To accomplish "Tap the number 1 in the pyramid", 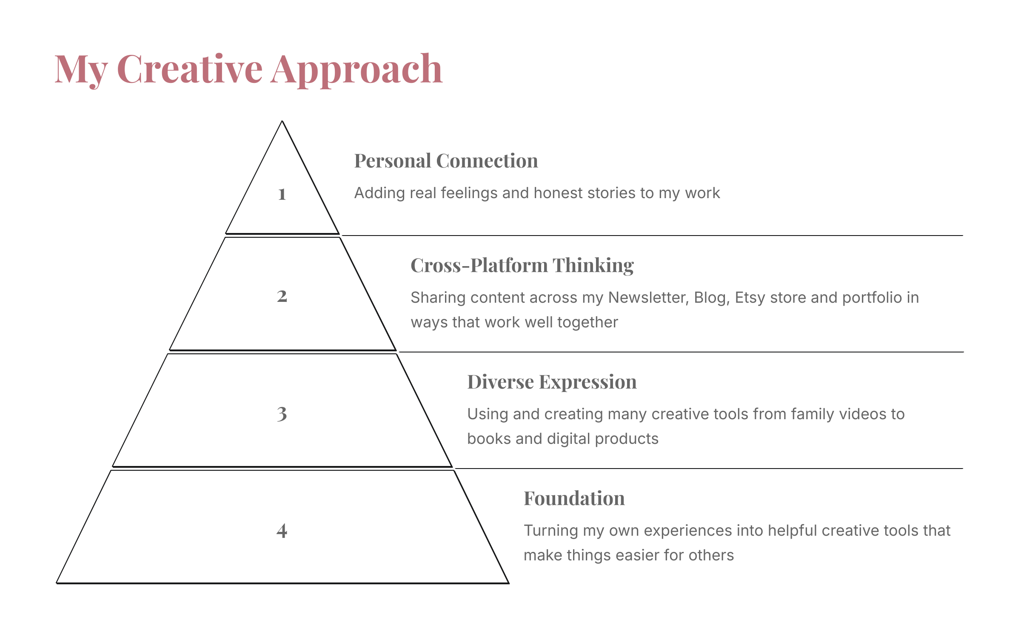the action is pos(282,194).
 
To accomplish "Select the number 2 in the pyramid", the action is pos(282,296).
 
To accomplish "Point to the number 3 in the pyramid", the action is pos(282,414).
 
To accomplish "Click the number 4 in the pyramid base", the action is pos(282,531).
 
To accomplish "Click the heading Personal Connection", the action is pos(446,161).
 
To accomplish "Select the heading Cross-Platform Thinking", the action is pos(522,266).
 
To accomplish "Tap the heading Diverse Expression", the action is pos(552,382).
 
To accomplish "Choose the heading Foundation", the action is pos(574,498).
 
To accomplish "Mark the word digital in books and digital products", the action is pos(568,439).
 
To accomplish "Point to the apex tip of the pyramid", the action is pos(282,121).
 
